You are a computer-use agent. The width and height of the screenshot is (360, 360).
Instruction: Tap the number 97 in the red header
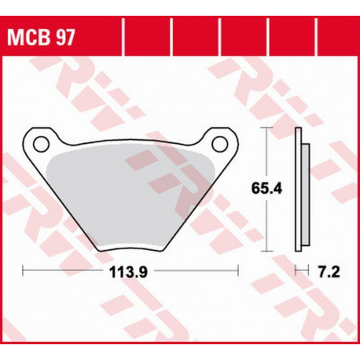click(65, 38)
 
